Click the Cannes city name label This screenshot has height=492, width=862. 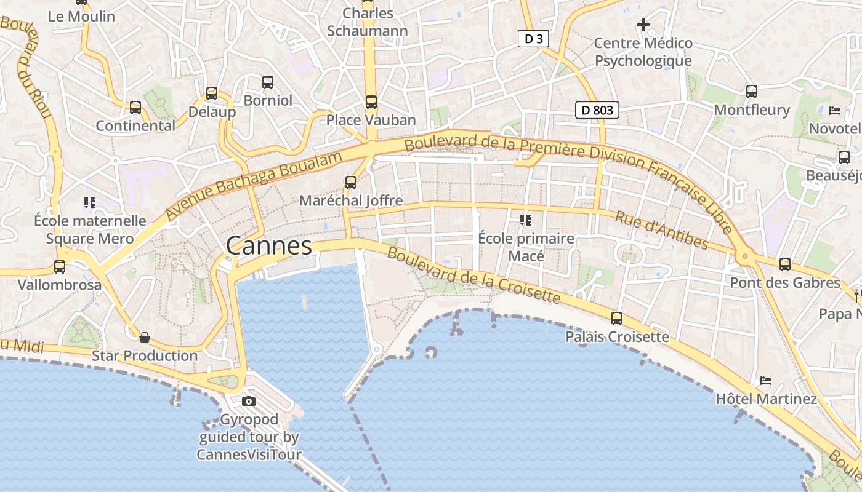point(269,246)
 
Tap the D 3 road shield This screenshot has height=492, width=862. point(533,39)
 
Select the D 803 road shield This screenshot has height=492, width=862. point(597,110)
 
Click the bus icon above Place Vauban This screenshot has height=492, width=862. point(371,102)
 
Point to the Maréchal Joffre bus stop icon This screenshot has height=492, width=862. point(351,183)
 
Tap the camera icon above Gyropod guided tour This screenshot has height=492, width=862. point(249,402)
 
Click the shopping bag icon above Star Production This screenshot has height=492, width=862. point(145,338)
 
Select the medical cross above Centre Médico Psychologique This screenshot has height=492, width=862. point(643,25)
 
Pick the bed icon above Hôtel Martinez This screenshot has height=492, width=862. point(766,381)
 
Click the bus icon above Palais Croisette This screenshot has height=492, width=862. point(617,319)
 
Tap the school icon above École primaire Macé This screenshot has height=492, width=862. point(525,220)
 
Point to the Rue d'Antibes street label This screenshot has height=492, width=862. point(661,231)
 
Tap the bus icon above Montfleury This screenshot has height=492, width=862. point(752,92)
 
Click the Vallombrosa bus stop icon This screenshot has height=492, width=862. point(60,267)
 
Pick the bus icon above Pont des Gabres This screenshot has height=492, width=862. point(785,264)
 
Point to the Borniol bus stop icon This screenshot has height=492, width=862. point(268,82)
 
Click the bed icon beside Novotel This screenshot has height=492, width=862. point(835,111)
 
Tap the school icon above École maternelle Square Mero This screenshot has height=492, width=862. point(90,202)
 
